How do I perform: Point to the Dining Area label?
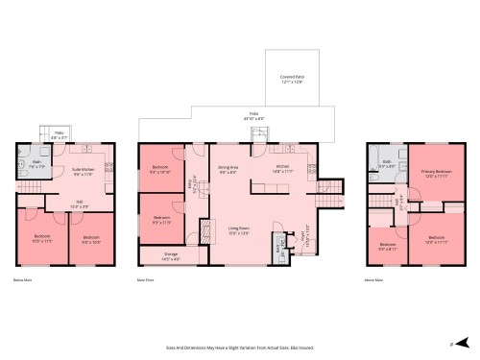point(228,171)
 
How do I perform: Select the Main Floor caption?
point(148,280)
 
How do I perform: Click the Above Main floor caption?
point(374,280)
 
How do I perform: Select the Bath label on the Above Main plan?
point(386,165)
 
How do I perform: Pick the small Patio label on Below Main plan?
point(59,135)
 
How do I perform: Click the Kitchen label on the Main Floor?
point(283,169)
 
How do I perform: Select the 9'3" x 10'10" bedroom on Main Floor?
point(160,171)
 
